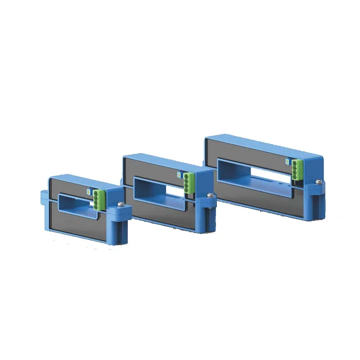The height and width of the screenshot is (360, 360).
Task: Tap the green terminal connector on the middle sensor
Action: click(x=189, y=182)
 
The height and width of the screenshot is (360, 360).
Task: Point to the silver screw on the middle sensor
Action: click(x=209, y=195)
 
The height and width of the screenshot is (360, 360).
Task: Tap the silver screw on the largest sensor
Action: click(x=318, y=181)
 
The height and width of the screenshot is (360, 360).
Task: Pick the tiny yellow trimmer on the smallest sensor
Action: click(x=88, y=191)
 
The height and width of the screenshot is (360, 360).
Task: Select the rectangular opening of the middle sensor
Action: click(x=160, y=189)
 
